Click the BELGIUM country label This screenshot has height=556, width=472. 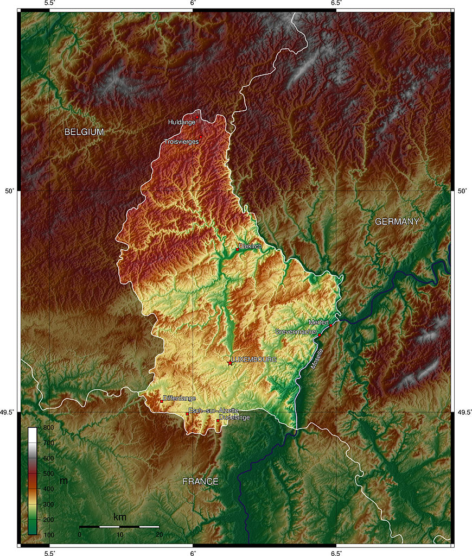pyautogui.click(x=84, y=132)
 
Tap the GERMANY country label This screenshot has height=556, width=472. pyautogui.click(x=397, y=222)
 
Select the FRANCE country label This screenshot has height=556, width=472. pyautogui.click(x=200, y=482)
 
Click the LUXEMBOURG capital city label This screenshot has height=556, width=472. pyautogui.click(x=254, y=359)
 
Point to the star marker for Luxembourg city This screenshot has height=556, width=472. pyautogui.click(x=230, y=363)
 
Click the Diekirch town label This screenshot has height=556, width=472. pyautogui.click(x=250, y=247)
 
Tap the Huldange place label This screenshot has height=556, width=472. pyautogui.click(x=181, y=123)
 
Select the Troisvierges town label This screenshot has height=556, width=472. pyautogui.click(x=181, y=141)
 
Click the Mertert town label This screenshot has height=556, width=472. pyautogui.click(x=318, y=323)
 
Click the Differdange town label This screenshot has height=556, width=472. pyautogui.click(x=179, y=399)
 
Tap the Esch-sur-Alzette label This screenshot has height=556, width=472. pyautogui.click(x=209, y=410)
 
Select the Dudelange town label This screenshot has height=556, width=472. pyautogui.click(x=234, y=417)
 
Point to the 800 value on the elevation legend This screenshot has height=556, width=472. pyautogui.click(x=48, y=428)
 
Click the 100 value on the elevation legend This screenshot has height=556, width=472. pyautogui.click(x=48, y=535)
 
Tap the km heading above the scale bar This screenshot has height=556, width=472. pyautogui.click(x=119, y=516)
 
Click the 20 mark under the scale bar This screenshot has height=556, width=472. pyautogui.click(x=159, y=535)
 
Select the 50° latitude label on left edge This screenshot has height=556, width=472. pyautogui.click(x=9, y=191)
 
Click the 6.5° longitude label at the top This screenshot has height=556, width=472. pyautogui.click(x=336, y=3)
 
